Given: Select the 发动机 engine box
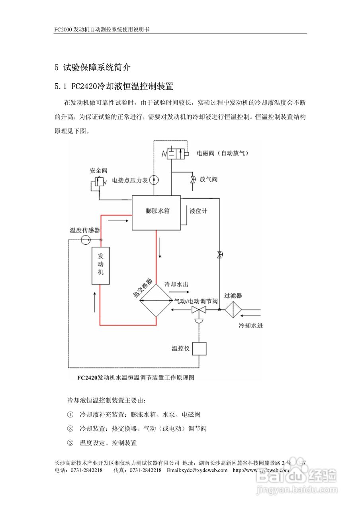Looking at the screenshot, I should point(101,265).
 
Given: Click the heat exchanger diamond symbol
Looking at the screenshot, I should point(155,300).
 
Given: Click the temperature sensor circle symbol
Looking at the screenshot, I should point(86,239).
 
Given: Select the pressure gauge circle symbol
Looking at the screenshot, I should point(155,180).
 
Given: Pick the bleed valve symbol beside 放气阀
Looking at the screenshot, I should point(193,180).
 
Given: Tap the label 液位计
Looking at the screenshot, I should point(198,211).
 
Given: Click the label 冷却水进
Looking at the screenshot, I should point(250,326).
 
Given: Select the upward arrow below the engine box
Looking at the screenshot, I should point(94,302).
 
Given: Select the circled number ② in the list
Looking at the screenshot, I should point(70,429).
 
